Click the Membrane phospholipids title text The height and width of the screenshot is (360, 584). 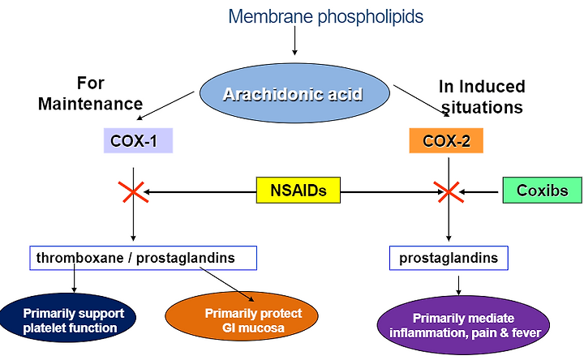325,17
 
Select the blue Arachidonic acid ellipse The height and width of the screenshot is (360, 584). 294,93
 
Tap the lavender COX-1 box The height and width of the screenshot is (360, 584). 138,141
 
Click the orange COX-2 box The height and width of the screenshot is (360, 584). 446,141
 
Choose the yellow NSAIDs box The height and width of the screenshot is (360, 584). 298,191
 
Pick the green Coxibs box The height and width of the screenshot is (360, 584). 543,191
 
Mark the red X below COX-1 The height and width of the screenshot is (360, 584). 133,192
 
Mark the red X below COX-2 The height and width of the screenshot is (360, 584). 449,192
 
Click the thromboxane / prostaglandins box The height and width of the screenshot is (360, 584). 143,258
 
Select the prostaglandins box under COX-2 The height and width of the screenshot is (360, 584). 449,258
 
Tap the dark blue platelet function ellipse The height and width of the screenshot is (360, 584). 68,318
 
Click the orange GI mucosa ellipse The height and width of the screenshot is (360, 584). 242,316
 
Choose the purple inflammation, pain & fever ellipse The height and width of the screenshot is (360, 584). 463,324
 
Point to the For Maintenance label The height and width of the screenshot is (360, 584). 91,93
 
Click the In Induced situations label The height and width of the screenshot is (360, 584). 482,96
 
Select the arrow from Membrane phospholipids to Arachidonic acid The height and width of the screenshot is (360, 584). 294,41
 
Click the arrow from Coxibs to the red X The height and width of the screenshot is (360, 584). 479,192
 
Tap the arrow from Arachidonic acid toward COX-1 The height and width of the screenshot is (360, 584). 165,105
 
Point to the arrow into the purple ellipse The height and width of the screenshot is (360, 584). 458,285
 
